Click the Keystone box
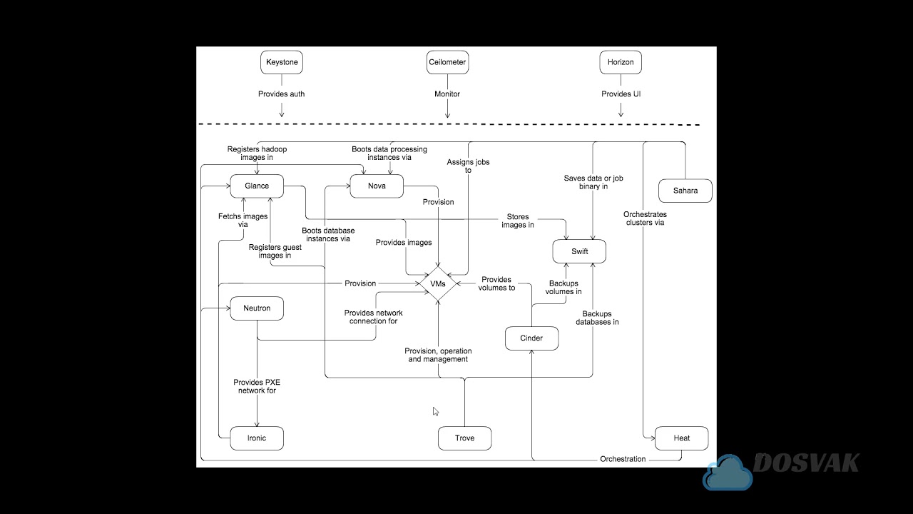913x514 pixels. [x=282, y=62]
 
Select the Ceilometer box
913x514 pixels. [x=447, y=62]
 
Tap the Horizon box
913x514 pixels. [x=620, y=62]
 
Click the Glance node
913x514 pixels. [x=257, y=186]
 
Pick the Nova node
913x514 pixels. [x=377, y=186]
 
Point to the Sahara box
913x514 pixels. [x=685, y=191]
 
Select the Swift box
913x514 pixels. [x=579, y=252]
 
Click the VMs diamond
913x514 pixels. [x=438, y=283]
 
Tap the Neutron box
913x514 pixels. [x=257, y=308]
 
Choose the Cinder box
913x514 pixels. [x=531, y=338]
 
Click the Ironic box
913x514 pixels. [x=256, y=438]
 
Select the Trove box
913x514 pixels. [x=464, y=438]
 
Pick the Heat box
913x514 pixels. [x=681, y=438]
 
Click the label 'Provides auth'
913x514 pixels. [x=281, y=94]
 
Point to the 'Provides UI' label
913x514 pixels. [x=621, y=94]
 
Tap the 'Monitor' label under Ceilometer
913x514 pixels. [x=447, y=94]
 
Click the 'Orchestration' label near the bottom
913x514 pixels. [x=623, y=459]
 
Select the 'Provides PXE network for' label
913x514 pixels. [x=257, y=386]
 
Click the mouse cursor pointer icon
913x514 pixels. [x=435, y=411]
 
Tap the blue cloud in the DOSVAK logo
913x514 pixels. [x=728, y=473]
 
